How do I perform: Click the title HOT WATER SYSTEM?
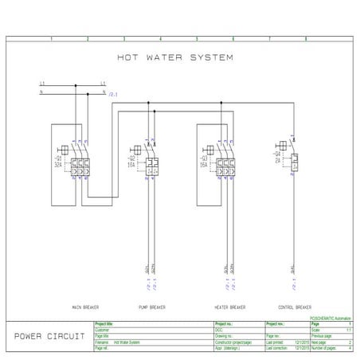click(x=175, y=57)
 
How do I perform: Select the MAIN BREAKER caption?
click(x=84, y=307)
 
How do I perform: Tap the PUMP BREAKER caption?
click(x=151, y=307)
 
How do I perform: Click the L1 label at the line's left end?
click(x=41, y=84)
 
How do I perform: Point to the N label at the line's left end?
click(x=41, y=92)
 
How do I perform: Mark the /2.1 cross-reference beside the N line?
click(x=113, y=96)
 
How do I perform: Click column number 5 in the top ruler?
click(x=196, y=38)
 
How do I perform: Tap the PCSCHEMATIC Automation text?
click(x=330, y=319)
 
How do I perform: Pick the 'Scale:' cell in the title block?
click(x=317, y=331)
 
